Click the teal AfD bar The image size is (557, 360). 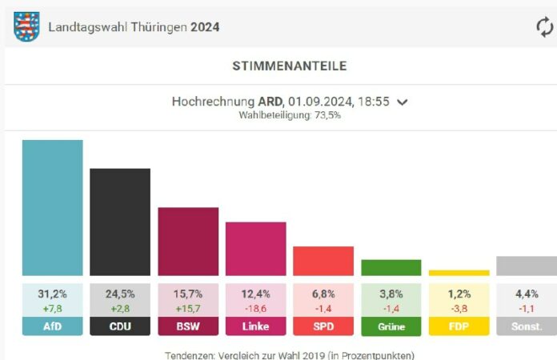(x=52, y=208)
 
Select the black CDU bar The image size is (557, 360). (x=120, y=222)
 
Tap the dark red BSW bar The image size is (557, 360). (x=188, y=242)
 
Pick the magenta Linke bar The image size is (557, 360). (x=255, y=249)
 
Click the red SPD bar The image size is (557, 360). (x=323, y=261)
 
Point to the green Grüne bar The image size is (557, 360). (x=391, y=267)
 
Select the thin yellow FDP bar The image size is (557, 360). (x=459, y=273)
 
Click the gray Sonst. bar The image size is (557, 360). (x=526, y=266)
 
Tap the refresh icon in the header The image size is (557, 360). (x=544, y=26)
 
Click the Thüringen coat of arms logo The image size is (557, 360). (x=26, y=26)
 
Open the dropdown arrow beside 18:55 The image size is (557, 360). (x=403, y=102)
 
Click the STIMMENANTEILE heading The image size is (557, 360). (x=278, y=66)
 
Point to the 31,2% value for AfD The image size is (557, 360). (x=52, y=294)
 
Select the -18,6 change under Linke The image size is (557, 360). (x=255, y=308)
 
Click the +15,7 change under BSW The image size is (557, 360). (x=188, y=308)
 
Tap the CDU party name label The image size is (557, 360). (x=120, y=326)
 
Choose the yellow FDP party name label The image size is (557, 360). (x=459, y=326)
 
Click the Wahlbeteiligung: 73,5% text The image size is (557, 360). (x=289, y=115)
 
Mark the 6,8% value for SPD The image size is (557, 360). (x=323, y=294)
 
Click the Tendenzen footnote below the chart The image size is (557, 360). (x=289, y=354)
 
